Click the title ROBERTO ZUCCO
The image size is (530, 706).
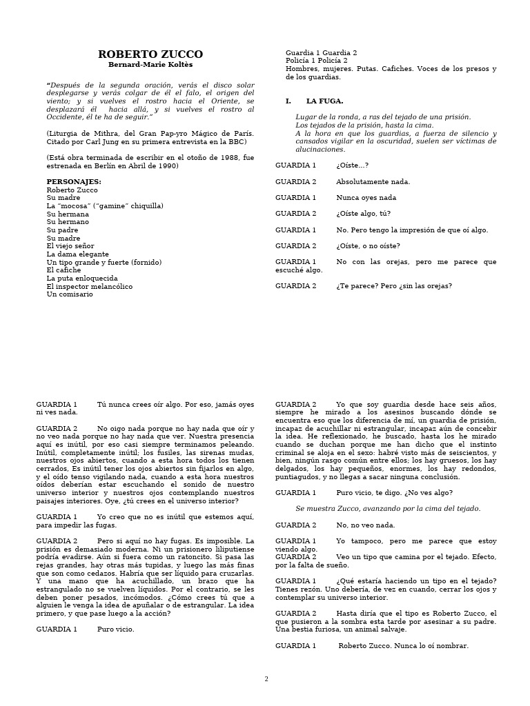[150, 54]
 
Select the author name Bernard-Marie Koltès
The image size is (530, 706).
[150, 65]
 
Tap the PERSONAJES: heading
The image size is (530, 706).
[74, 182]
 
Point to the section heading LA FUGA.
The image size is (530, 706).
[324, 101]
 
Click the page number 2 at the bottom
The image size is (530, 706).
[266, 679]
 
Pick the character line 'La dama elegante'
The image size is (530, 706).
[77, 254]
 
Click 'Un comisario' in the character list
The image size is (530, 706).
[69, 294]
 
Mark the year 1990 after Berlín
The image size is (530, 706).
[168, 165]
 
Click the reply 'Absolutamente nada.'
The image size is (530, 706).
[373, 182]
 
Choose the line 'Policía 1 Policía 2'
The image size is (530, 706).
[317, 61]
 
